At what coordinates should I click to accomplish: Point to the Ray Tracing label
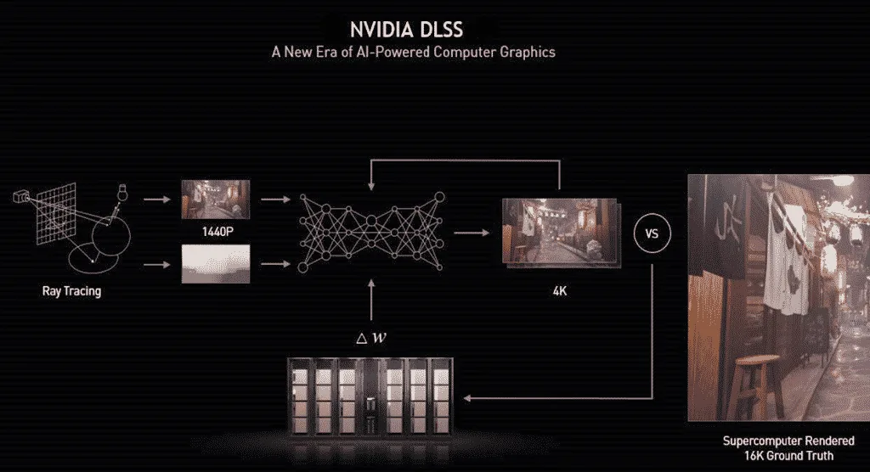71,291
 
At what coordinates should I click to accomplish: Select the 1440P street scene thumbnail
216,199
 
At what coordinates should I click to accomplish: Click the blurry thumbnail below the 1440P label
216,263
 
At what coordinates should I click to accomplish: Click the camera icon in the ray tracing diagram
23,197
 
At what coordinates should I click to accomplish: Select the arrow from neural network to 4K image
471,232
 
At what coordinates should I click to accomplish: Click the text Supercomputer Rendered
777,441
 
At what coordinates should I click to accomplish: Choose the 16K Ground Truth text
777,456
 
